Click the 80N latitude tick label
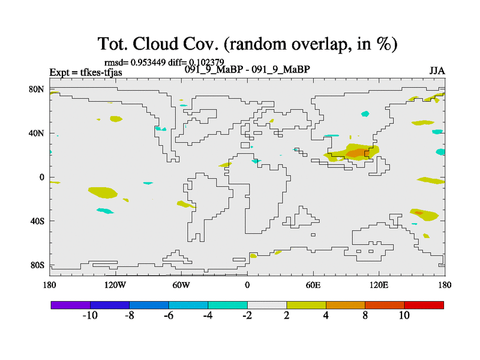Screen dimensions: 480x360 tap(37, 89)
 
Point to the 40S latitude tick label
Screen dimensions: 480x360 tap(37, 221)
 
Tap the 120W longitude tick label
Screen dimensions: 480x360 tap(115, 285)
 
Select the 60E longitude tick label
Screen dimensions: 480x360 tap(313, 285)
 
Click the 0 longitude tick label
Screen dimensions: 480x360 tap(247, 285)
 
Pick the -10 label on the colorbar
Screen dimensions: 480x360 tap(90, 316)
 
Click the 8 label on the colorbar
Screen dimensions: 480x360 tap(365, 316)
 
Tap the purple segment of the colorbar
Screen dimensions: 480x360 tap(70, 305)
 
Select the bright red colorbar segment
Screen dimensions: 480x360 tap(424, 305)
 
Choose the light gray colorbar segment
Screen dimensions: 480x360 tap(267, 305)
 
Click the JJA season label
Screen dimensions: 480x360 tap(437, 71)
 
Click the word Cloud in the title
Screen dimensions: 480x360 tap(155, 44)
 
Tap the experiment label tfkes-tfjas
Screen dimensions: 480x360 tap(101, 73)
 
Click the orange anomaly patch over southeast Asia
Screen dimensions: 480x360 tap(358, 153)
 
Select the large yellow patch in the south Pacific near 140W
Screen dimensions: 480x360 tap(103, 193)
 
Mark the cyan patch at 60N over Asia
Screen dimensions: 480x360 tap(365, 114)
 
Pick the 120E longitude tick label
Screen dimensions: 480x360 tap(379, 285)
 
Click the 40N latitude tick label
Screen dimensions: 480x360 tap(37, 133)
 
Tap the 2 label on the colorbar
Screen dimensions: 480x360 tap(287, 316)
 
